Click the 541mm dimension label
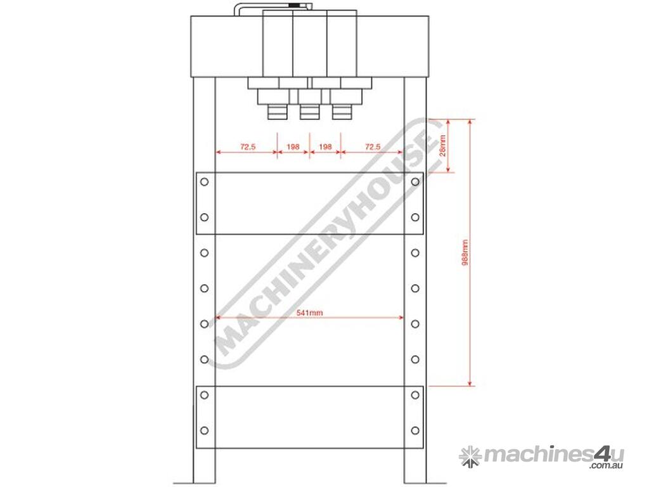(x=309, y=313)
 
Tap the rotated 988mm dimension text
(x=465, y=252)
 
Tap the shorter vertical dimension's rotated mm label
(x=442, y=145)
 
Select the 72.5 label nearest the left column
(x=248, y=146)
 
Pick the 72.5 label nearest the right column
(x=373, y=146)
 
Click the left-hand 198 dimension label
(x=293, y=146)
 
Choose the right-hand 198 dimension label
(x=325, y=146)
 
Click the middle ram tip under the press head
(x=309, y=112)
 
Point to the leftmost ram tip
(x=278, y=112)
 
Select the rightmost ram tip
(x=342, y=112)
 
